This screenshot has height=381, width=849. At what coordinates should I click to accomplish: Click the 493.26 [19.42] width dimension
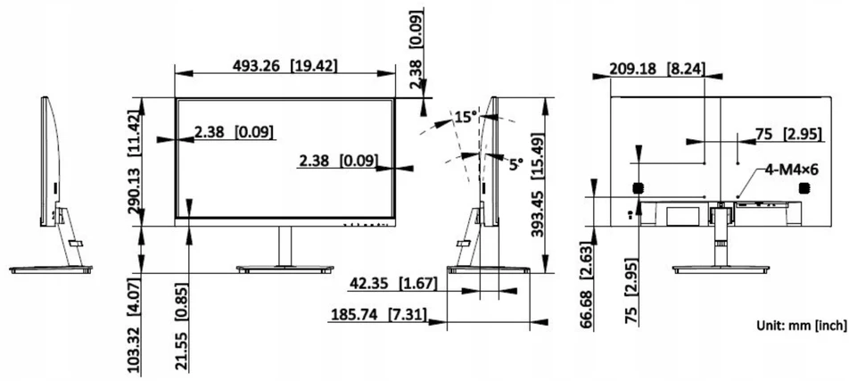tap(284, 65)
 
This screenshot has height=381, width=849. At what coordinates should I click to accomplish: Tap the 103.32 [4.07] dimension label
tap(135, 325)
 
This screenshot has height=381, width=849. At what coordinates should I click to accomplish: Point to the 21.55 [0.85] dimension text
tap(183, 327)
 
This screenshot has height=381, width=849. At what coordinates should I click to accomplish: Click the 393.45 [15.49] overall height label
tap(538, 185)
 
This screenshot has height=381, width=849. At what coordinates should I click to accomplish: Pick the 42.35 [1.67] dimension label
tap(393, 283)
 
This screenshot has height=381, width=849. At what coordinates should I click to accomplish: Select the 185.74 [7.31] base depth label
tap(377, 314)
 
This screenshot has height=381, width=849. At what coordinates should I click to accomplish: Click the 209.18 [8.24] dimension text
tap(657, 69)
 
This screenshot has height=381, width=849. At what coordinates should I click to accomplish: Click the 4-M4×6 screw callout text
tap(791, 170)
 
